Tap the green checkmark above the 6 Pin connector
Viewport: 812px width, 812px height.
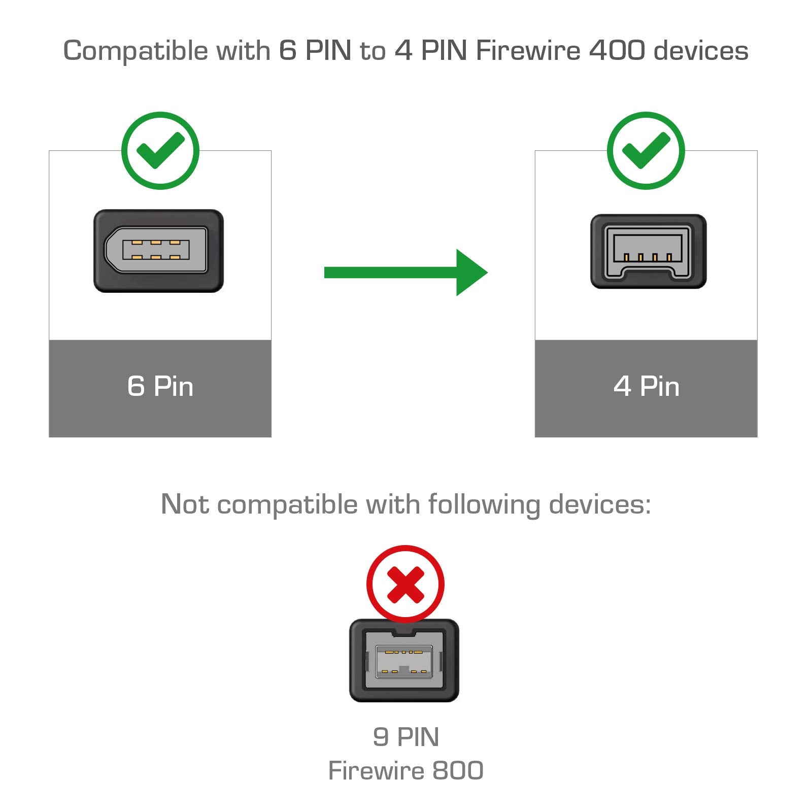click(x=160, y=151)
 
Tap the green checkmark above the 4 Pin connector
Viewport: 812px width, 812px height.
click(x=646, y=151)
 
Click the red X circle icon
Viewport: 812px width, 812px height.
click(x=405, y=584)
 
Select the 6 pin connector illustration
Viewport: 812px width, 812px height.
click(x=158, y=251)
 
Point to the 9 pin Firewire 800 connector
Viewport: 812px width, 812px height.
click(x=404, y=660)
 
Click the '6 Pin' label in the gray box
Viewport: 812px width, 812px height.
click(x=160, y=387)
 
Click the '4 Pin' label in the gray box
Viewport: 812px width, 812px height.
click(x=646, y=387)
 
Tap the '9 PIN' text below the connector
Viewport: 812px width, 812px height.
click(x=405, y=737)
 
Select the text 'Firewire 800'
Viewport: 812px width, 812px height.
click(x=405, y=771)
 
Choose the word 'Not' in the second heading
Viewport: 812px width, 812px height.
click(x=184, y=504)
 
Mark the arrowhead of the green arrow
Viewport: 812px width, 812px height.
click(x=471, y=273)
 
